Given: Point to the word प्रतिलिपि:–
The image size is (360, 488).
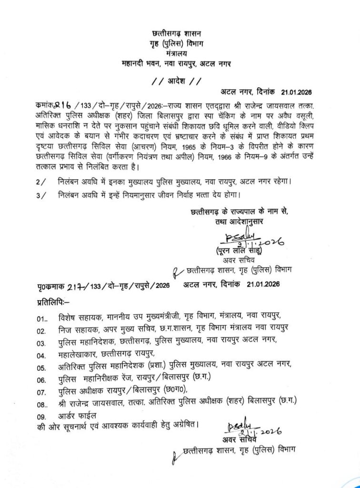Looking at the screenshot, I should tap(53, 301).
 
